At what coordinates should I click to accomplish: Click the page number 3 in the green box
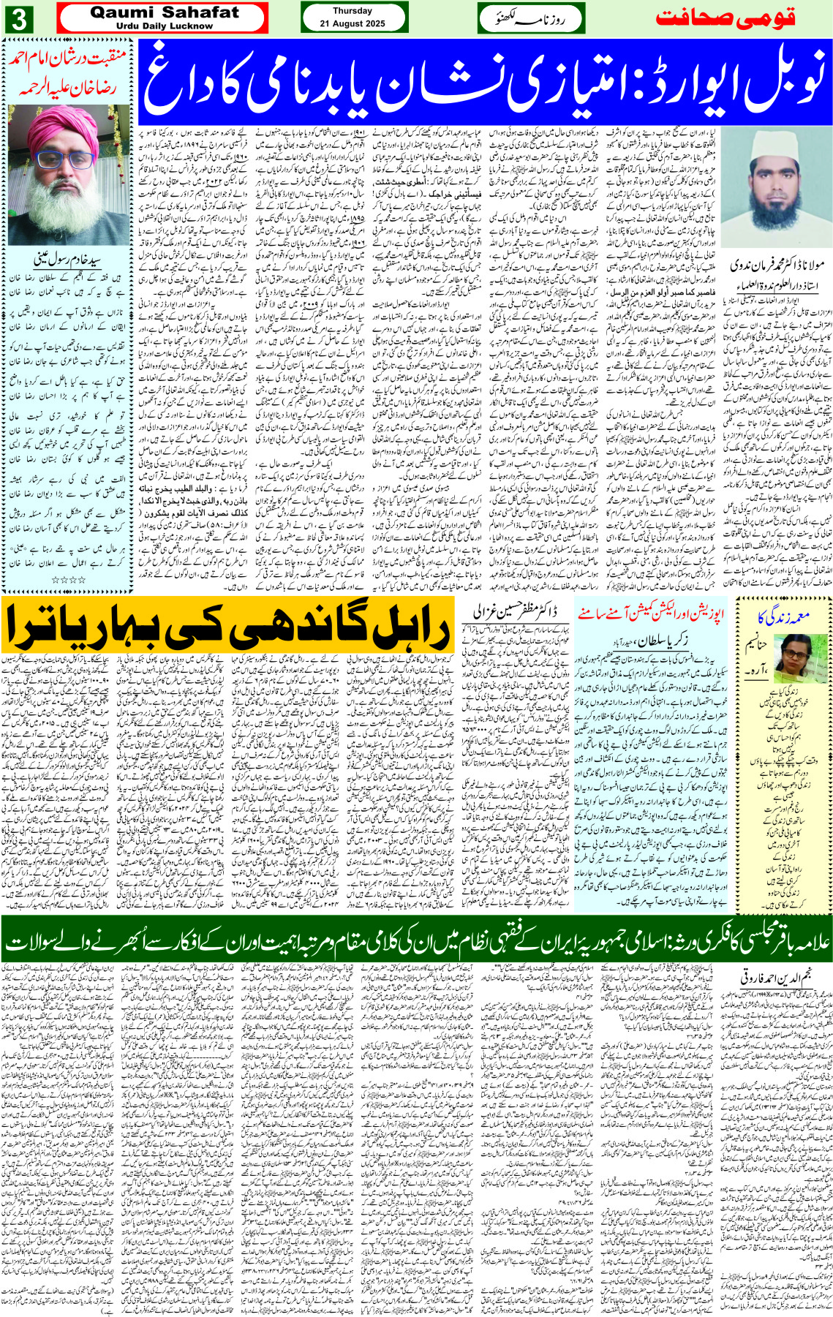[x=18, y=18]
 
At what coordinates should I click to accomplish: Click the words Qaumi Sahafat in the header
[x=165, y=12]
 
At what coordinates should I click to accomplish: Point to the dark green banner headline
[x=416, y=941]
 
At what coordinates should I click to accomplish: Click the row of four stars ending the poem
[x=69, y=580]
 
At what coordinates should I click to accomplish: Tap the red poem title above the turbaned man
[x=69, y=73]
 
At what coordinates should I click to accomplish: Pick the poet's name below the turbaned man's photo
[x=69, y=259]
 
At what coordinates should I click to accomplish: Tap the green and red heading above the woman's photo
[x=783, y=619]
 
